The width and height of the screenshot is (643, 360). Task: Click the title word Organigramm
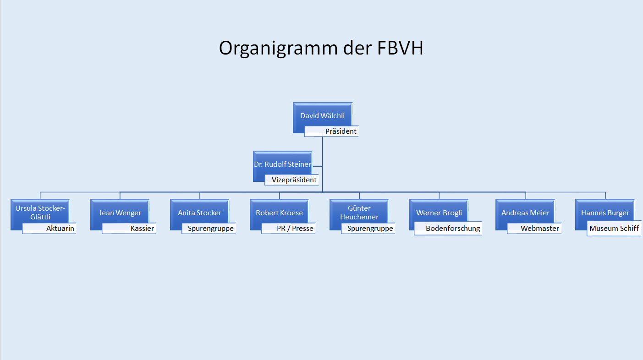tap(278, 48)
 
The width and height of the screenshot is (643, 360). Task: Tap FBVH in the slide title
tap(400, 48)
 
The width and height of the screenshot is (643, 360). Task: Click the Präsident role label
tap(331, 131)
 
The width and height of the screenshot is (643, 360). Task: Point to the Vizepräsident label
tap(291, 180)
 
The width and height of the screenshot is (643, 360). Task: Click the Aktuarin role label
tap(49, 229)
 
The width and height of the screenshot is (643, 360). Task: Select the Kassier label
tap(129, 229)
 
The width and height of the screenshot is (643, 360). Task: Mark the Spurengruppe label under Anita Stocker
tap(209, 229)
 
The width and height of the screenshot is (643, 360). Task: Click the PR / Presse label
tap(288, 229)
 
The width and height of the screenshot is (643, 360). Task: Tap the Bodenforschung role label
tap(448, 229)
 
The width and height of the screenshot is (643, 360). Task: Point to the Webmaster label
tap(534, 229)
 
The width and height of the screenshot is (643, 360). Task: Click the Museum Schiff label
tap(614, 229)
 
